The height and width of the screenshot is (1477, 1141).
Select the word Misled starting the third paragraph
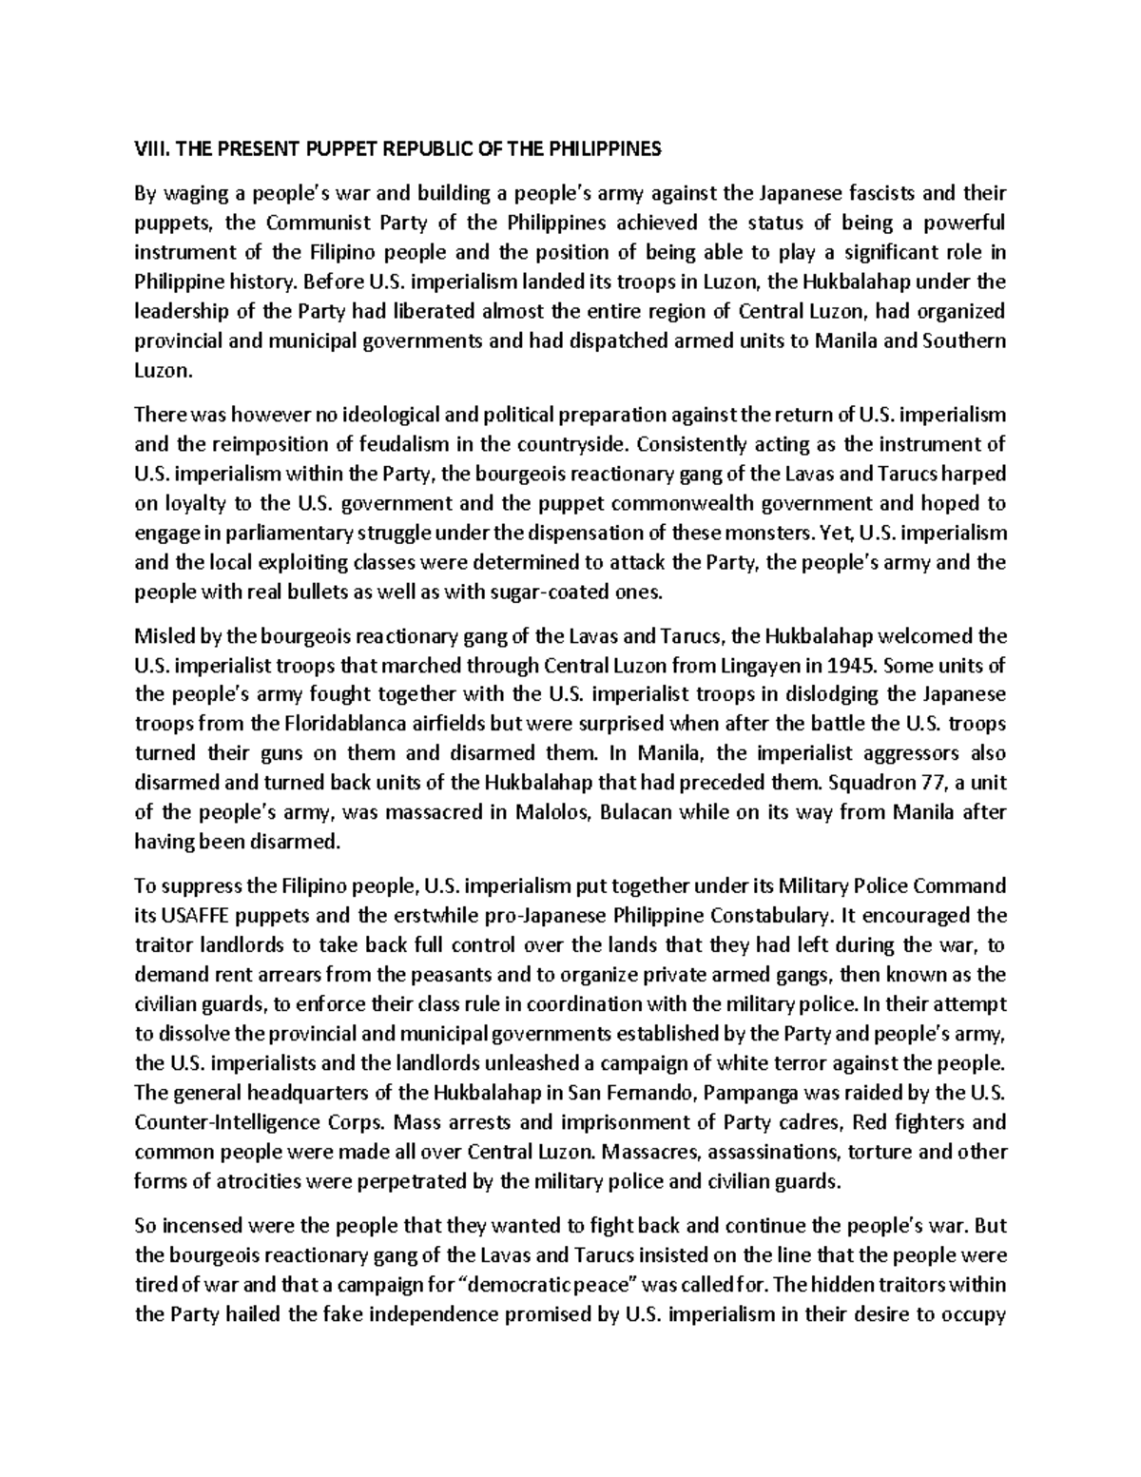pos(160,635)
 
